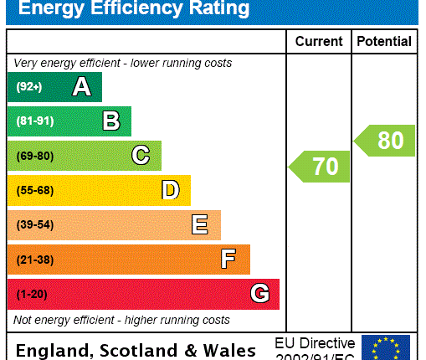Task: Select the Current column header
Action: click(x=318, y=41)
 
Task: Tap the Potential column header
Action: click(x=383, y=41)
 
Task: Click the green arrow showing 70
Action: click(x=319, y=167)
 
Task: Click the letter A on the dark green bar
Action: click(x=81, y=86)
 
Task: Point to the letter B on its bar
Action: click(x=110, y=121)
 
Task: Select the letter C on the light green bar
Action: click(x=141, y=156)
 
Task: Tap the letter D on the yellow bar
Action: click(x=170, y=190)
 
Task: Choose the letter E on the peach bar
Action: click(x=199, y=224)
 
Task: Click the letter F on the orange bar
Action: click(x=228, y=260)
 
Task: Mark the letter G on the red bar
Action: click(x=259, y=294)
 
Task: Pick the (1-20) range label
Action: click(x=31, y=295)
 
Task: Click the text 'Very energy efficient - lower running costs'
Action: click(x=122, y=63)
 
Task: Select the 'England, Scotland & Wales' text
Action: click(x=136, y=350)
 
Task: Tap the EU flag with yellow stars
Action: click(x=386, y=347)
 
